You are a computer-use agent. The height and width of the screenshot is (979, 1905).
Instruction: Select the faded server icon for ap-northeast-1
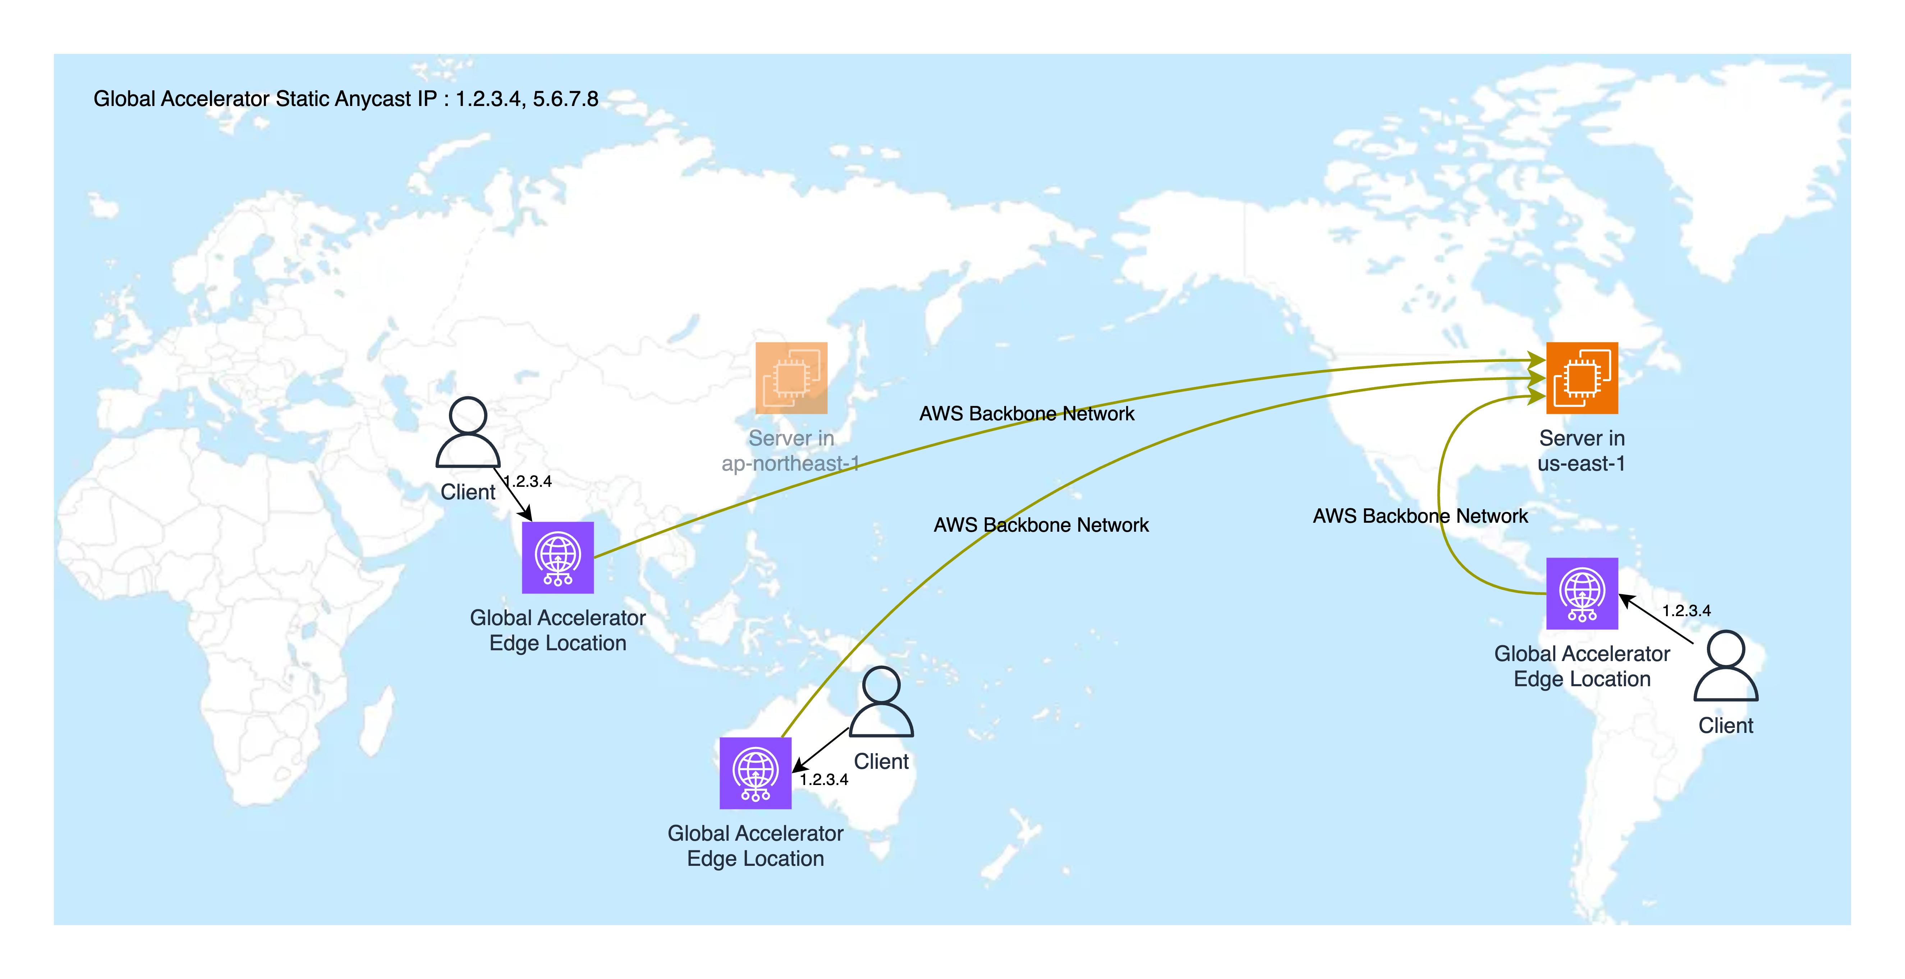click(x=790, y=378)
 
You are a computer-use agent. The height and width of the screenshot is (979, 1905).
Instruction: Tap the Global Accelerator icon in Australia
click(x=755, y=773)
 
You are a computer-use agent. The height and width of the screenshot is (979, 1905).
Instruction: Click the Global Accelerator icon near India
click(x=557, y=558)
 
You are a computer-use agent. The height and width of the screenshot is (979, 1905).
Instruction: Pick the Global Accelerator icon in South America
click(x=1582, y=593)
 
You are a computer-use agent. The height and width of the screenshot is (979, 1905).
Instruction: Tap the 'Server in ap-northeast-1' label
click(x=790, y=450)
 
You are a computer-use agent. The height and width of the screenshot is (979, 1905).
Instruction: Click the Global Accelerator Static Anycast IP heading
click(x=345, y=98)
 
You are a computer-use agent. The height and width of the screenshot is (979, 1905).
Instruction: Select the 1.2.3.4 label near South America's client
click(x=1686, y=611)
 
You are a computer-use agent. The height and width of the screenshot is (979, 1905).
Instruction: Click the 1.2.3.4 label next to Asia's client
click(x=528, y=481)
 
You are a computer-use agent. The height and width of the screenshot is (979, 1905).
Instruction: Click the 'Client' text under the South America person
click(x=1725, y=725)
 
